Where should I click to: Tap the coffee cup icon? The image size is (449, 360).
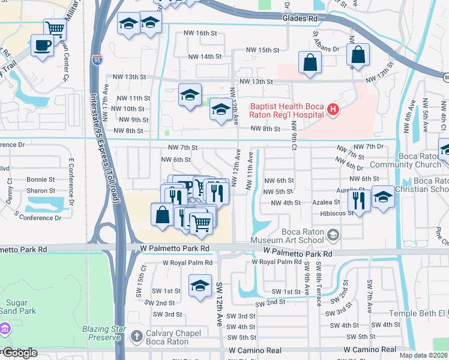pos(42,46)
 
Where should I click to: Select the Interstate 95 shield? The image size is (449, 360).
pos(98,59)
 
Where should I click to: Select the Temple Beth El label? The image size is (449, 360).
pos(418,313)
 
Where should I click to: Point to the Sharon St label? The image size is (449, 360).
pos(41,191)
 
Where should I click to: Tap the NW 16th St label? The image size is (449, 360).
pos(201,33)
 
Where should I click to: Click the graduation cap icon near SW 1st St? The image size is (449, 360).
pos(200,285)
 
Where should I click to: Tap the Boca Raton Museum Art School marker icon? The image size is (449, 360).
pos(334,234)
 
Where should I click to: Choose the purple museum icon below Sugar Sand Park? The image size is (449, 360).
pos(5,329)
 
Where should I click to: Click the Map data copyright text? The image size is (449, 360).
pos(422,355)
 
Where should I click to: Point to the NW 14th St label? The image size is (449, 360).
pos(205,56)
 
